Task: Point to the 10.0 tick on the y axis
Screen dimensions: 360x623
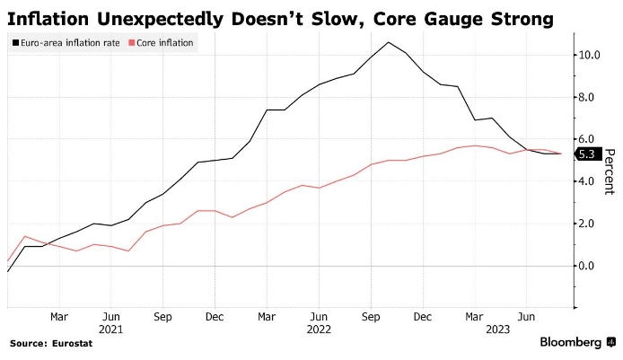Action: click(590, 55)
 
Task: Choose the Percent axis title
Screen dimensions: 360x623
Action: click(610, 171)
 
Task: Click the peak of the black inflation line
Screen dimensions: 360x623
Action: click(388, 42)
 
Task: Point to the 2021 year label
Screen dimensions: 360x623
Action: click(110, 329)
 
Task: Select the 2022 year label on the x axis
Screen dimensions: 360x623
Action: click(320, 329)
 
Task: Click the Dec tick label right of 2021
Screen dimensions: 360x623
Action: click(215, 317)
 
